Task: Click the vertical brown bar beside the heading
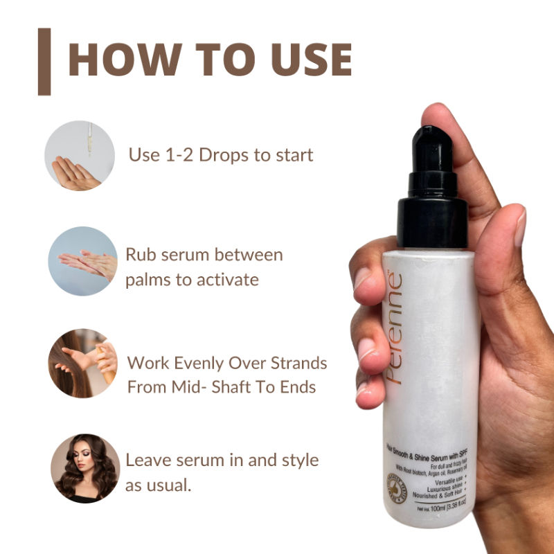[x=44, y=61]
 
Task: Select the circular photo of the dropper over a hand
[x=79, y=156]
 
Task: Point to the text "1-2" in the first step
[x=177, y=154]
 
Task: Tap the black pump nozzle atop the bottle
[x=431, y=150]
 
